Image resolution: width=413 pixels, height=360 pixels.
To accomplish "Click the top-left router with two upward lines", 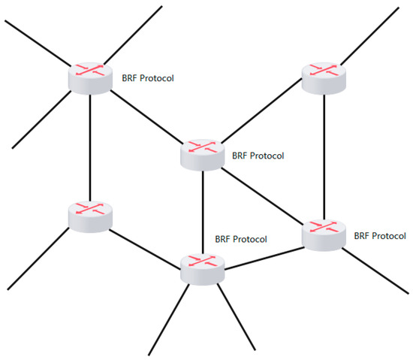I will coord(90,77).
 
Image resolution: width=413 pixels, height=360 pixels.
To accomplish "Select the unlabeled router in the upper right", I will coord(323,76).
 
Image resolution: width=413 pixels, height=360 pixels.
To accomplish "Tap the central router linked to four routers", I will coord(202,154).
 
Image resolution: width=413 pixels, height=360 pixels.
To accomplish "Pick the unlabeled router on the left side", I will coord(89,216).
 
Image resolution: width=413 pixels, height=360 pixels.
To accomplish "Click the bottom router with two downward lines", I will coord(203,268).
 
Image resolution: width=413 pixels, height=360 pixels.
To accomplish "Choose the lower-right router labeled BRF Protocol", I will coord(324,234).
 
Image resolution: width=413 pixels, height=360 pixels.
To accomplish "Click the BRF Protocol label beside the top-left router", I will coord(148,77).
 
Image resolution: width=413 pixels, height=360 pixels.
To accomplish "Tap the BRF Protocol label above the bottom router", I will coord(241,240).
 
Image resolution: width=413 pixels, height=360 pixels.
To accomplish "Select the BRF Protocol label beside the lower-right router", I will coord(380,235).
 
